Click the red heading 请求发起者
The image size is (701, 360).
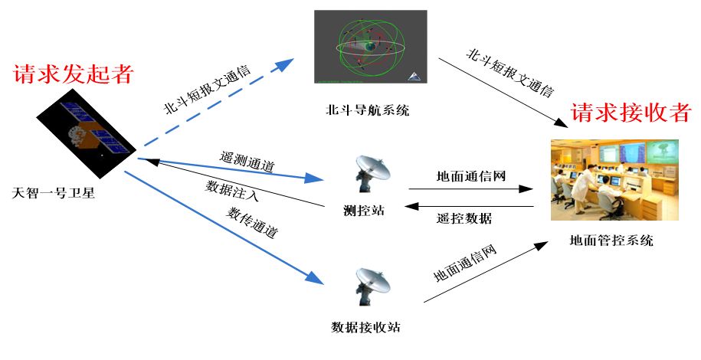(74, 75)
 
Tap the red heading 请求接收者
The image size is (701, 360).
(631, 114)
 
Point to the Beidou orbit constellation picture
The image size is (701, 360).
(369, 47)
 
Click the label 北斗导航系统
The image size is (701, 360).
(367, 111)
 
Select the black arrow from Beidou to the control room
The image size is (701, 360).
(498, 92)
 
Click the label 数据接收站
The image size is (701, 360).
(365, 328)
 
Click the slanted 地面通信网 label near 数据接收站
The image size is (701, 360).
(467, 263)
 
